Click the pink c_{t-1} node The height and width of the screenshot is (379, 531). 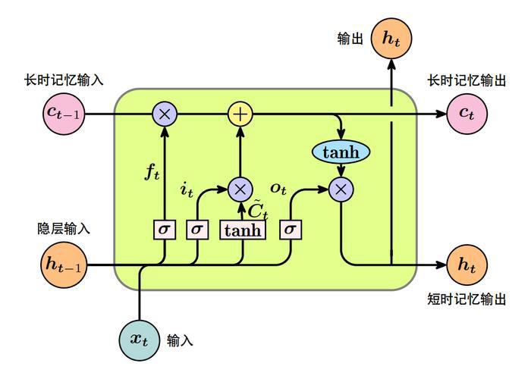pyautogui.click(x=63, y=114)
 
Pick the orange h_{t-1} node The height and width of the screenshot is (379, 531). pyautogui.click(x=63, y=264)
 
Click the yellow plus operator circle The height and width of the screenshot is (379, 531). pyautogui.click(x=240, y=114)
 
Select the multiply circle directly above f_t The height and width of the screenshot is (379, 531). pyautogui.click(x=164, y=114)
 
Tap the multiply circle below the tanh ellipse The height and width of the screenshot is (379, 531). pyautogui.click(x=341, y=189)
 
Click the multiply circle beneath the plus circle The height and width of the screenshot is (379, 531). pyautogui.click(x=240, y=189)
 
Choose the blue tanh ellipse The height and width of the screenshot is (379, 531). pyautogui.click(x=341, y=152)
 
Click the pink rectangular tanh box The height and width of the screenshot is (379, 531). pyautogui.click(x=243, y=230)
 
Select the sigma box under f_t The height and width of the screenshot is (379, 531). pyautogui.click(x=164, y=229)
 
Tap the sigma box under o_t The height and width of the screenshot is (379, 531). pyautogui.click(x=291, y=229)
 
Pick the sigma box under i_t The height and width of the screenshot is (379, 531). pyautogui.click(x=196, y=229)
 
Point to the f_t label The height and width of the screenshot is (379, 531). pyautogui.click(x=152, y=173)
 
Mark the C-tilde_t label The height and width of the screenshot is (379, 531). pyautogui.click(x=259, y=208)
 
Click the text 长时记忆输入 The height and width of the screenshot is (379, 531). pyautogui.click(x=64, y=80)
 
